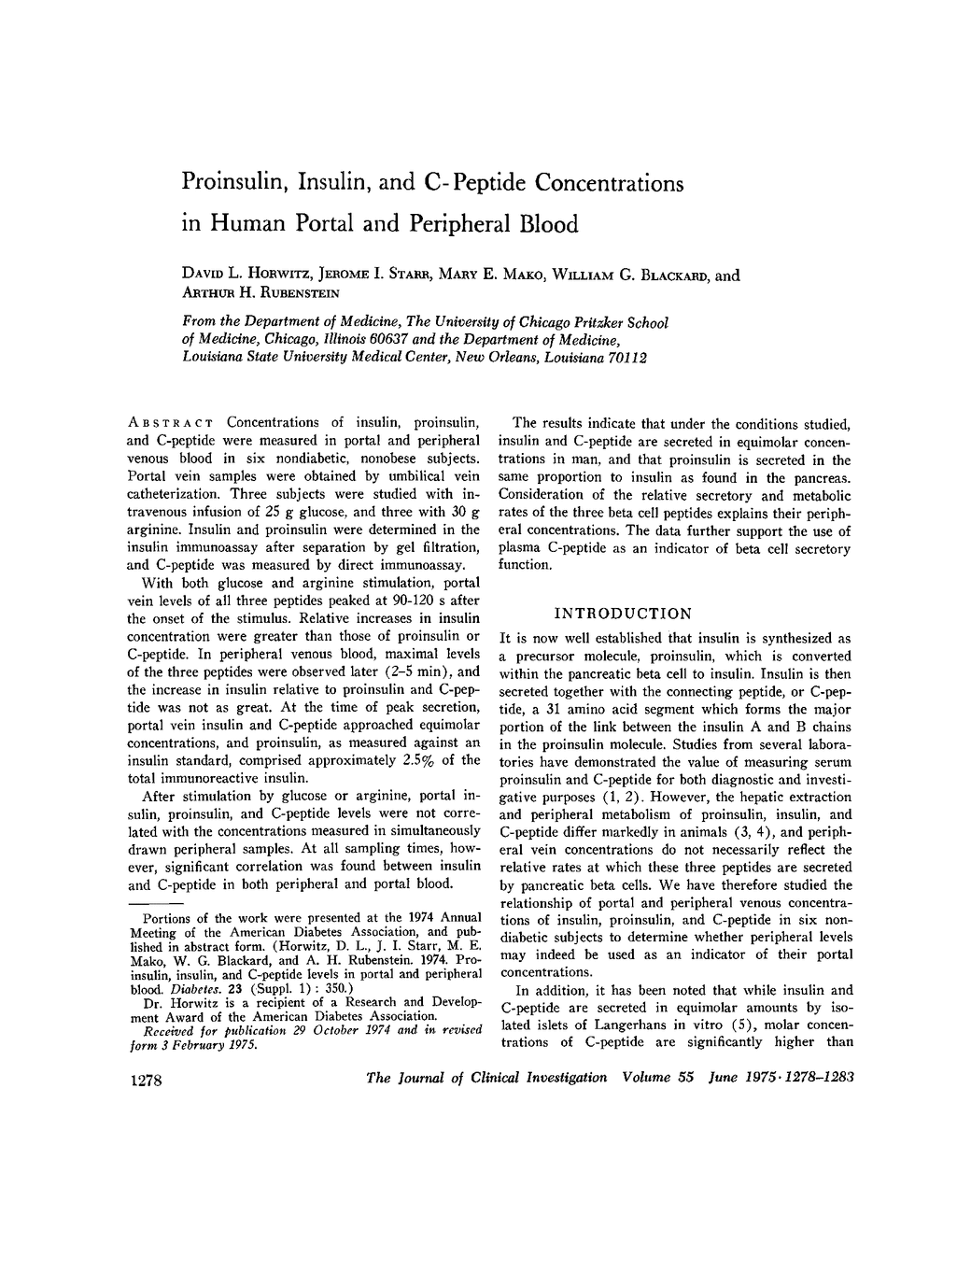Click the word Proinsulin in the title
232,183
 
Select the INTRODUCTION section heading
623,614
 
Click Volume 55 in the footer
657,1077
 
